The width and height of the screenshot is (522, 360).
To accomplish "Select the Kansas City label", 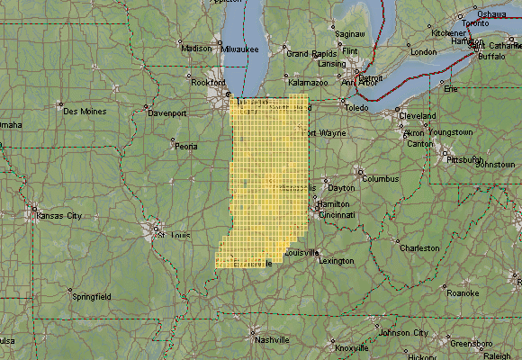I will [58, 216].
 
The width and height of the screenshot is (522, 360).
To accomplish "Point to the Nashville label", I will [271, 340].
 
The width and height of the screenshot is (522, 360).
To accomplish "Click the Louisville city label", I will [302, 253].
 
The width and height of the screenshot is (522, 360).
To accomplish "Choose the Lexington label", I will [337, 261].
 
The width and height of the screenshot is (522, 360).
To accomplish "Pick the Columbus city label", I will [380, 178].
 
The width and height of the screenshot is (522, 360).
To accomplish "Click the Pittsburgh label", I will [465, 158].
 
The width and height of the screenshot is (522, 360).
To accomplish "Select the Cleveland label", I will [418, 116].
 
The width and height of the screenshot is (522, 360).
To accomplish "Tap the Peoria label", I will [185, 146].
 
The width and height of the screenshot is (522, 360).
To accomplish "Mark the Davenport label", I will [166, 113].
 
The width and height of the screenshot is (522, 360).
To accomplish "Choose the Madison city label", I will [196, 49].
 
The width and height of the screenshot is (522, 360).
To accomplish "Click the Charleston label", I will [419, 247].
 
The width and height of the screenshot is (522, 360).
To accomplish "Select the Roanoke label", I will [463, 292].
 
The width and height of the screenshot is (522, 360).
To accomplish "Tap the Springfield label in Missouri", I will [91, 295].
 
